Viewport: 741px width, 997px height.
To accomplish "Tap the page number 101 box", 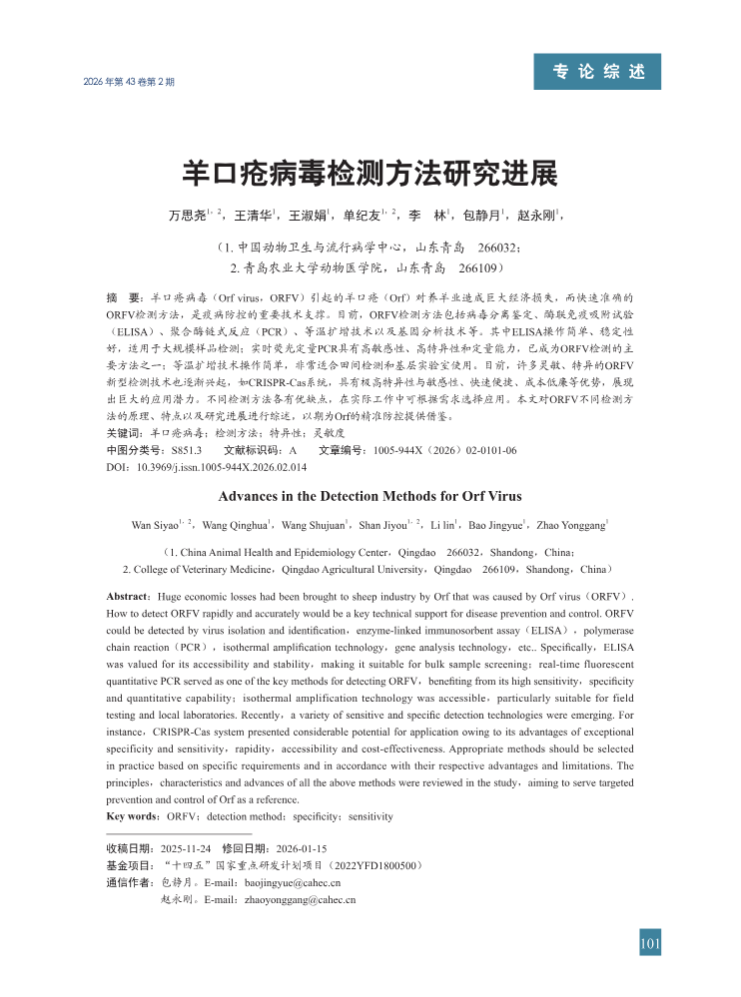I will pos(650,943).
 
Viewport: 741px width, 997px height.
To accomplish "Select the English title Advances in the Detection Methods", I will pos(370,495).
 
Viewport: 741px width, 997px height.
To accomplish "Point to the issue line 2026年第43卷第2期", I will pos(130,81).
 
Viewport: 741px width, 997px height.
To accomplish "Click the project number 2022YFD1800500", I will pos(375,864).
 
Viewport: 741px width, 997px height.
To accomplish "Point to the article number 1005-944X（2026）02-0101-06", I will pos(444,450).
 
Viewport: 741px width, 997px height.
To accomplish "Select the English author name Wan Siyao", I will pos(155,525).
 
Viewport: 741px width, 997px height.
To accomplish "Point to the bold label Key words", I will pos(132,816).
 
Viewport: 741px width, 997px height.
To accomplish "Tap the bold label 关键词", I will pos(124,434).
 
